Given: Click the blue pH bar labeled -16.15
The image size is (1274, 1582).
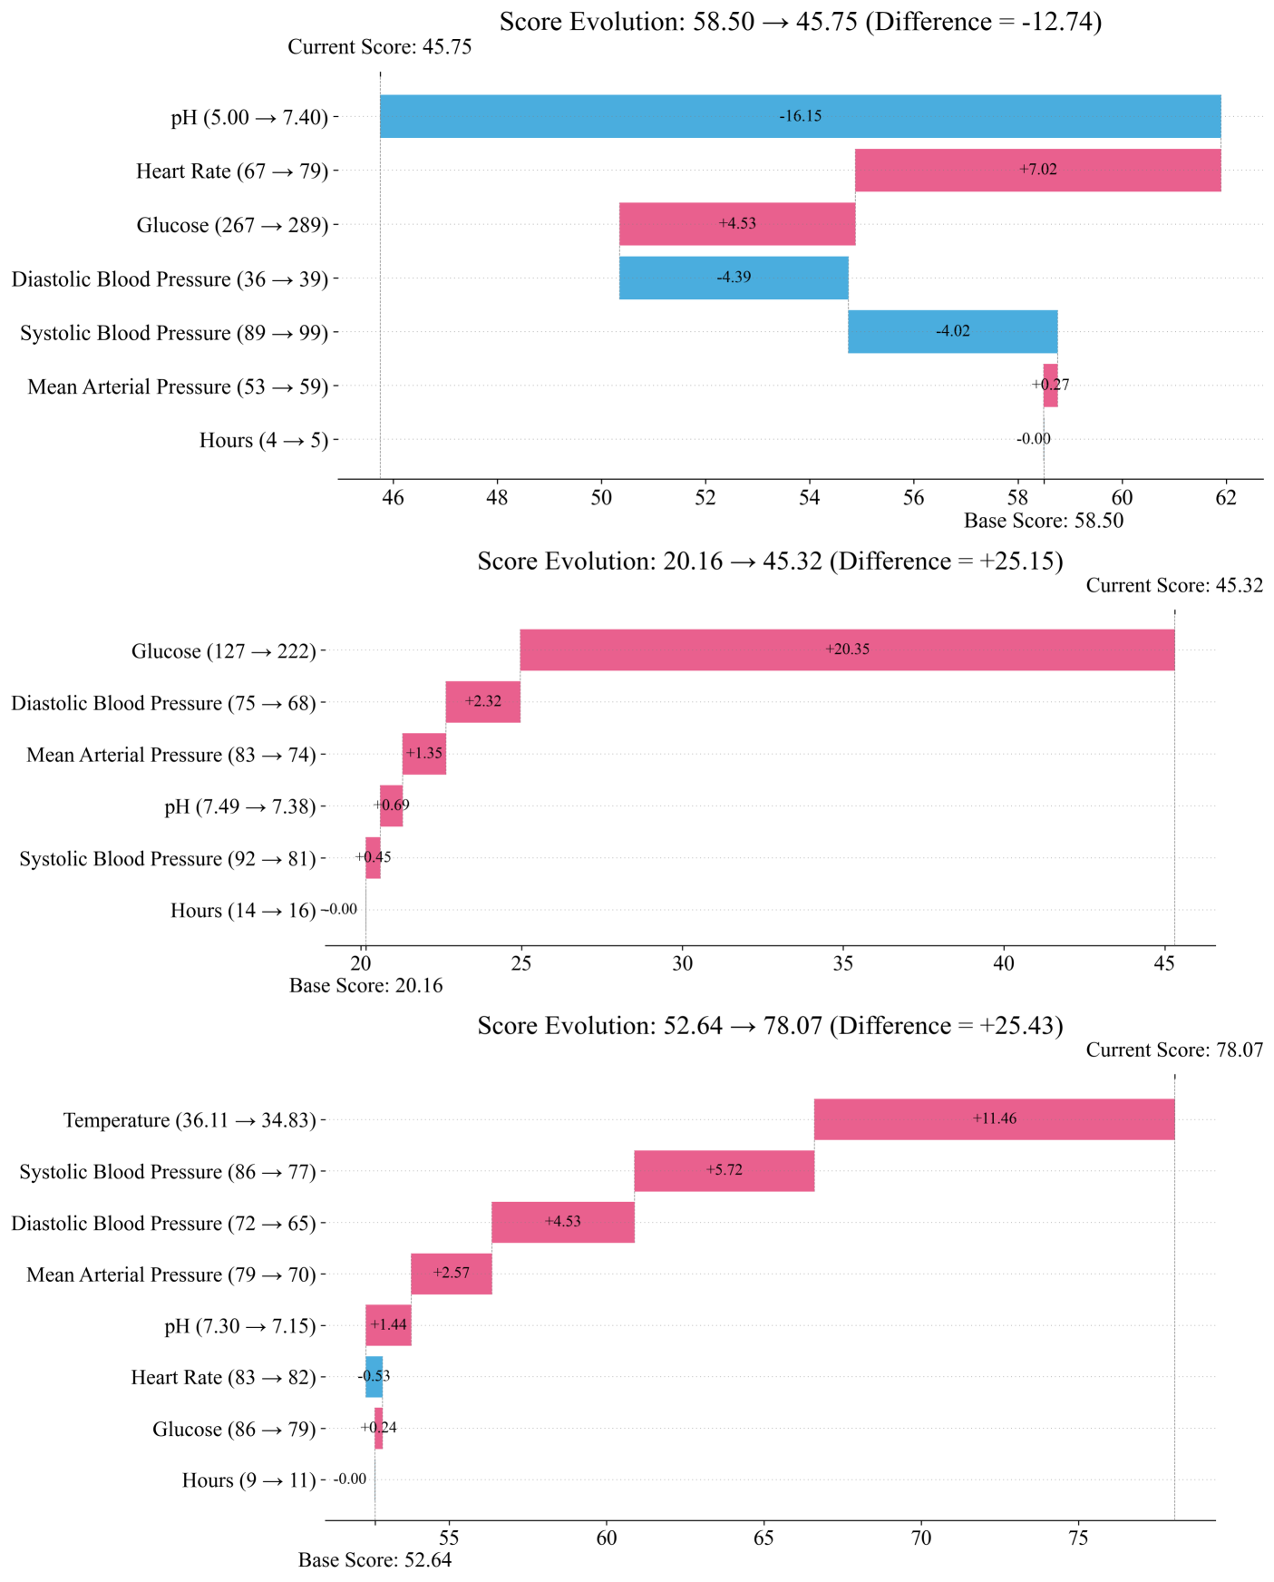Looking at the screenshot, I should pos(800,116).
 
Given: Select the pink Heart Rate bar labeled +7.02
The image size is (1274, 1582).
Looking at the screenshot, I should pos(1037,170).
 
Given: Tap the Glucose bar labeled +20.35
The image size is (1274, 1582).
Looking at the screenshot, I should pos(847,649).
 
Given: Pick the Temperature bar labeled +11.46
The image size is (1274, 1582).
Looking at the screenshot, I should pos(994,1118).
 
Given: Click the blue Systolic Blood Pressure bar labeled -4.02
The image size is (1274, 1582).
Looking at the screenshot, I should pos(952,331).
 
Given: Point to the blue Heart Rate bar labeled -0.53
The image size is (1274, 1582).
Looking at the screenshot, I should pos(374,1376).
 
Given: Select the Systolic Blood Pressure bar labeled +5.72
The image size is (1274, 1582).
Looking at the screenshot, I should pos(724,1170).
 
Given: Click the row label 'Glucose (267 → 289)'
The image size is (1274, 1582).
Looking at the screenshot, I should pos(232,225).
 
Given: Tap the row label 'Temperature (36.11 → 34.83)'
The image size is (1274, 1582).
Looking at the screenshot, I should pos(190,1120).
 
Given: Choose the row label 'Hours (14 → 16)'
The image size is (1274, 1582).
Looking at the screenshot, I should pos(243,911).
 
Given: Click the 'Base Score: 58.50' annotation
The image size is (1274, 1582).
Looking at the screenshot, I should pos(1043,521).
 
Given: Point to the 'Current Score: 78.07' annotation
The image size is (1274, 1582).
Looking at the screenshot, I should pos(1174,1050).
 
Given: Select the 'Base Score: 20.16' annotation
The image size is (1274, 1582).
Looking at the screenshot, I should pos(365,985).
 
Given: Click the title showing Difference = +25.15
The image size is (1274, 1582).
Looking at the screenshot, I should pos(770,562).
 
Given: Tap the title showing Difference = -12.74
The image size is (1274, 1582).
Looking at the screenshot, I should pos(800,22).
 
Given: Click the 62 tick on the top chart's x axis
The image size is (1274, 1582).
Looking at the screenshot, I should pos(1226,497).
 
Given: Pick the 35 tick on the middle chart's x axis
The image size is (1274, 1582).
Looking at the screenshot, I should pos(843,963).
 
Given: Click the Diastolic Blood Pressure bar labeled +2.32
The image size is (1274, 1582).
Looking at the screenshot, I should pos(482,701).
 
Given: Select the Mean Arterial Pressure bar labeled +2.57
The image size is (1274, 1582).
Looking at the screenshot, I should pos(451,1273).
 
